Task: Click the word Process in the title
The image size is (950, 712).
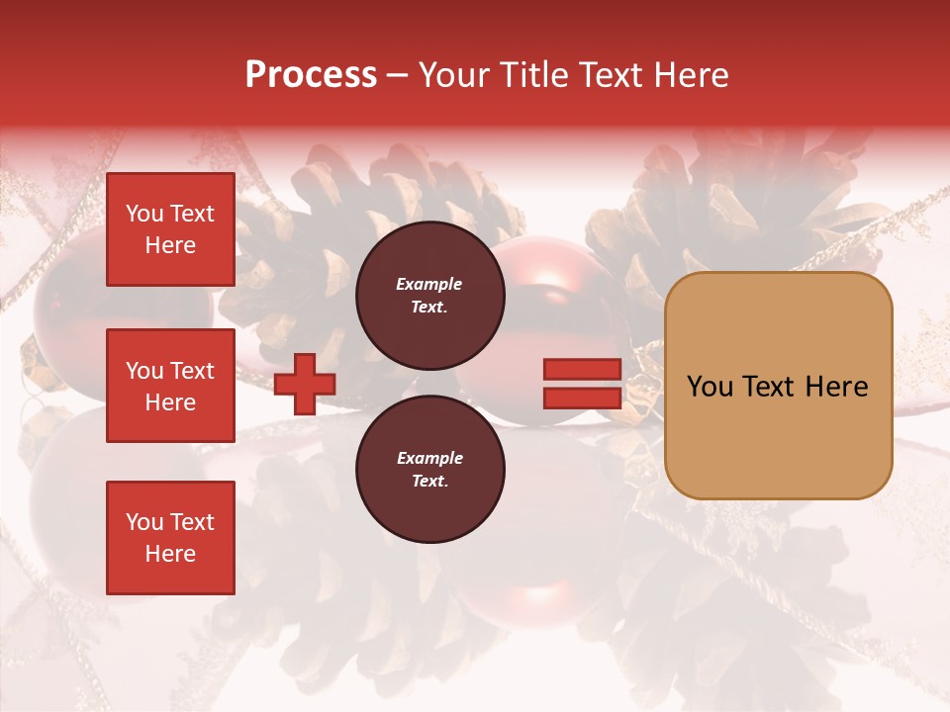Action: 311,75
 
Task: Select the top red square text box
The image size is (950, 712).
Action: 170,229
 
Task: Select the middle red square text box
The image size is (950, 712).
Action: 170,386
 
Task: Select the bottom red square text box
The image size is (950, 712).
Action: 170,538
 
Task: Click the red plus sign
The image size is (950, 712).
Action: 305,385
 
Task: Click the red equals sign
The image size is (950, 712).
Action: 582,385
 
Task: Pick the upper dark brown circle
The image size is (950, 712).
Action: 429,296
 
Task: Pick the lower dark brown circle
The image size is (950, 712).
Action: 429,470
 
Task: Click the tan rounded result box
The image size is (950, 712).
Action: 778,386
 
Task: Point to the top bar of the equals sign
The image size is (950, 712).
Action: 582,370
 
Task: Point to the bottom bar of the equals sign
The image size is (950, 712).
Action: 582,399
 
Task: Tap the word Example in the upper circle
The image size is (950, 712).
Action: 429,284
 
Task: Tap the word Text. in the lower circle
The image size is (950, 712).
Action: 429,482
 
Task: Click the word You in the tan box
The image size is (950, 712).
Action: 712,387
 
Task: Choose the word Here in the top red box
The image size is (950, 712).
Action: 170,245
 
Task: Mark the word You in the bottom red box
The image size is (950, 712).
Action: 144,522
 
